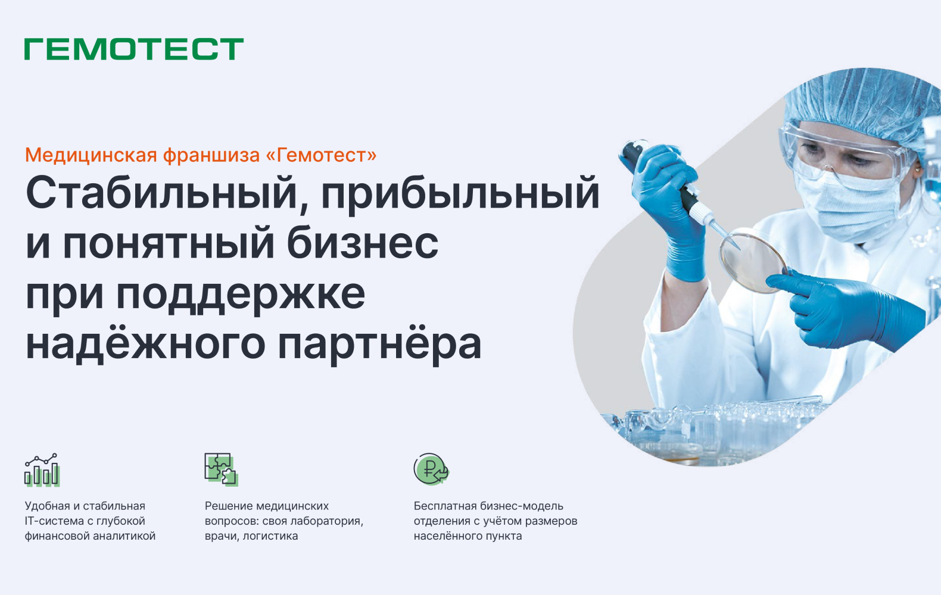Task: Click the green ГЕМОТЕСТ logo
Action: [134, 49]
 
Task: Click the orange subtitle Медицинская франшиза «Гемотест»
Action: [201, 155]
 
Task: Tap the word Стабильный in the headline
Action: [161, 193]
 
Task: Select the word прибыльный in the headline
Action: [460, 193]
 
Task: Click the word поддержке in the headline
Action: [241, 294]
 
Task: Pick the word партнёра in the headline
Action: [379, 344]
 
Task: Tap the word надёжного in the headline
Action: [145, 344]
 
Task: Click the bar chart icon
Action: [42, 469]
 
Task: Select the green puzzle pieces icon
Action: [220, 469]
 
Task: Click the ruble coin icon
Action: [431, 469]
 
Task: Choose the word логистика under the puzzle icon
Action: [270, 536]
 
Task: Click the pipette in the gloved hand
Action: [685, 190]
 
